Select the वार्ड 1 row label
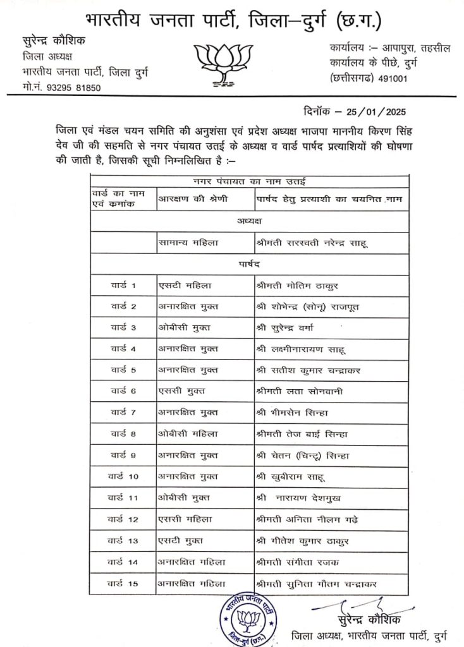coord(124,286)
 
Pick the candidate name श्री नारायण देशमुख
coord(300,498)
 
